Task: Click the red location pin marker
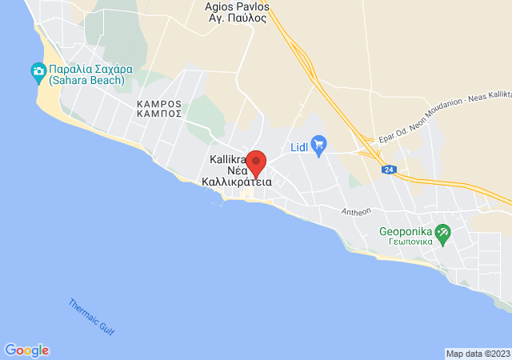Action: point(256,163)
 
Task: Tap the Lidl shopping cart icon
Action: point(319,144)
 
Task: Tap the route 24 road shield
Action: point(389,170)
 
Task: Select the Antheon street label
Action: point(356,212)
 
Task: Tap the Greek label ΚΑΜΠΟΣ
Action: point(159,114)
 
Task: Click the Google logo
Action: point(26,350)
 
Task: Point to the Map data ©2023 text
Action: point(478,354)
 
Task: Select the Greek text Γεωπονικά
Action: point(406,240)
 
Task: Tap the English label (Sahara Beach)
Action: point(86,80)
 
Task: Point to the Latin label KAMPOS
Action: point(159,104)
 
